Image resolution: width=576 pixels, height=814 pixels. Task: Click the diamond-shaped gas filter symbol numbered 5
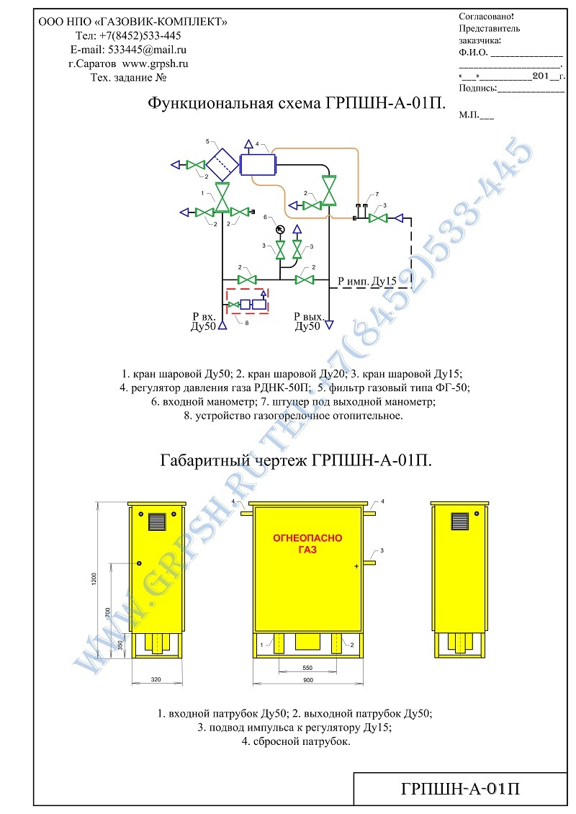point(222,164)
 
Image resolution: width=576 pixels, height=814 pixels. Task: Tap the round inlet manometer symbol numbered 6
point(280,229)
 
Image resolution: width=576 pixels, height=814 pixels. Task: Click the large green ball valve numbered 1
point(223,197)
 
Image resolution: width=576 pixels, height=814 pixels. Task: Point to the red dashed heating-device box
point(248,301)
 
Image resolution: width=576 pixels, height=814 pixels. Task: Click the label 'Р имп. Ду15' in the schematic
point(367,282)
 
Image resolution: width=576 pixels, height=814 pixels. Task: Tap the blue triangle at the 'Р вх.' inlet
point(222,326)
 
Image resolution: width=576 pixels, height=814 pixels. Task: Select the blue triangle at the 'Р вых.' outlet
point(328,325)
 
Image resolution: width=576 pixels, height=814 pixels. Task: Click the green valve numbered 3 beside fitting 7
point(378,218)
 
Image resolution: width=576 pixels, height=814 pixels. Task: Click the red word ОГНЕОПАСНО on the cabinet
point(307,538)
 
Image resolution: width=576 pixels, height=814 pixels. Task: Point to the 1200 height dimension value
point(94,579)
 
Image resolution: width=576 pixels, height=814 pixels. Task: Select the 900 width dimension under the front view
point(308,679)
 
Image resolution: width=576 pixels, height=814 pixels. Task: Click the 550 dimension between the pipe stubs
point(307,668)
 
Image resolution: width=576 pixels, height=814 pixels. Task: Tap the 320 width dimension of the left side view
point(156,679)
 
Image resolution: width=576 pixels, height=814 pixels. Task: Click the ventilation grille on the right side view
point(460,521)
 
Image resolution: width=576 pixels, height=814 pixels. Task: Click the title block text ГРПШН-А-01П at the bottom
point(460,789)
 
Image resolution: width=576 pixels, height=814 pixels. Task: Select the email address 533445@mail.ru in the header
point(148,50)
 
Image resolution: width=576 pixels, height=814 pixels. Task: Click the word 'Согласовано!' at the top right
point(486,17)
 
